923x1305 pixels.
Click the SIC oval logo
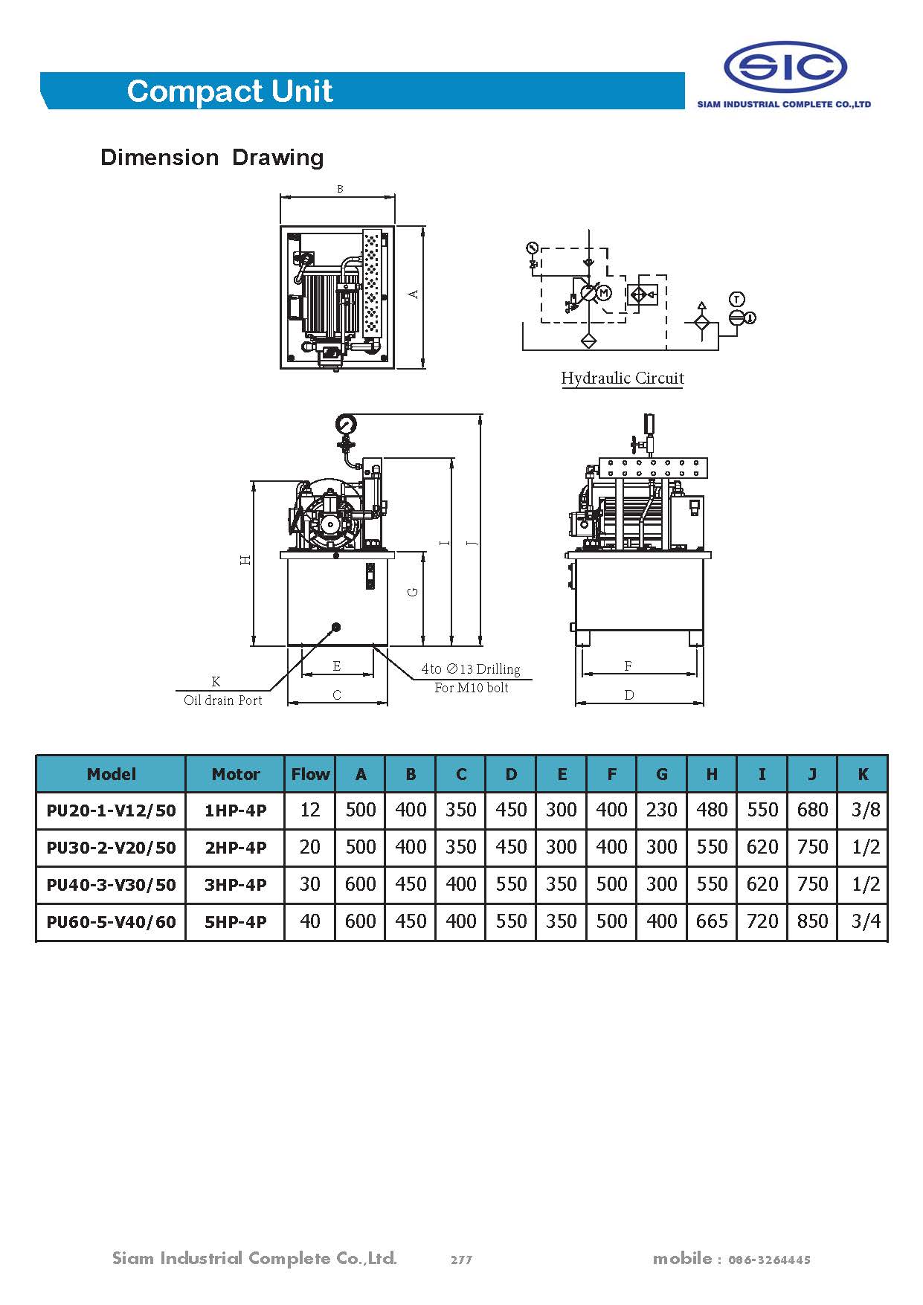click(x=785, y=68)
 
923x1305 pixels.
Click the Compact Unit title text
click(x=230, y=91)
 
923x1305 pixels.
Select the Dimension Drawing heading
click(x=212, y=158)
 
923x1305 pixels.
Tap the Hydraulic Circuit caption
click(x=622, y=378)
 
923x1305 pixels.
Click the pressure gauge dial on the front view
click(x=346, y=424)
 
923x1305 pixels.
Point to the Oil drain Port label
click(x=222, y=700)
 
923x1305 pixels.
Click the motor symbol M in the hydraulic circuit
click(x=604, y=293)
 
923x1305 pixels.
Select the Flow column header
click(x=309, y=774)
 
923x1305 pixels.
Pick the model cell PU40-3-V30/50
click(x=111, y=885)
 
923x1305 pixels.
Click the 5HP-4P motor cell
click(x=235, y=922)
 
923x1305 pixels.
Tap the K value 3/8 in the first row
click(x=865, y=810)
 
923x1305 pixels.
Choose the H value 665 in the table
click(x=711, y=922)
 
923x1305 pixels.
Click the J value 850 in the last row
click(x=812, y=922)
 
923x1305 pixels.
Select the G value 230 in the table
click(x=661, y=810)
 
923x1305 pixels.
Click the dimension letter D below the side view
click(x=629, y=695)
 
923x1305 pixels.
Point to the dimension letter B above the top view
click(x=340, y=189)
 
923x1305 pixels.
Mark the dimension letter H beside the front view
click(x=245, y=560)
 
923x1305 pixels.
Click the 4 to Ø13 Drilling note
click(x=471, y=669)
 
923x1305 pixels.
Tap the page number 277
click(x=461, y=1260)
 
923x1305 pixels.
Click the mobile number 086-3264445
click(x=769, y=1260)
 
